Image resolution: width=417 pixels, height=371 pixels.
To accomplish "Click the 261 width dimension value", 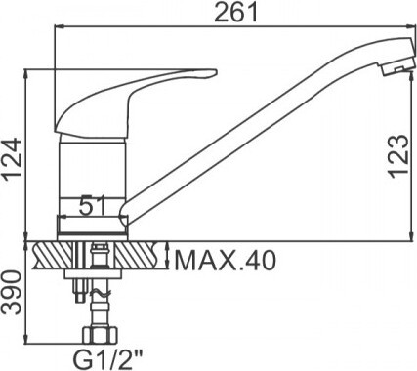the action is coord(236,13).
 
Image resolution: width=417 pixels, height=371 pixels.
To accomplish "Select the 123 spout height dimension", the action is coord(398,156).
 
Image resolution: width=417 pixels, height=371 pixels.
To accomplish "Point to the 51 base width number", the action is coord(93,205).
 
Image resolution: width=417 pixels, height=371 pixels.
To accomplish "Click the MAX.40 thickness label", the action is coord(226,261).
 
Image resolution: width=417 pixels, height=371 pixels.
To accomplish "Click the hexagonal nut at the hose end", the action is coord(100,335).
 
